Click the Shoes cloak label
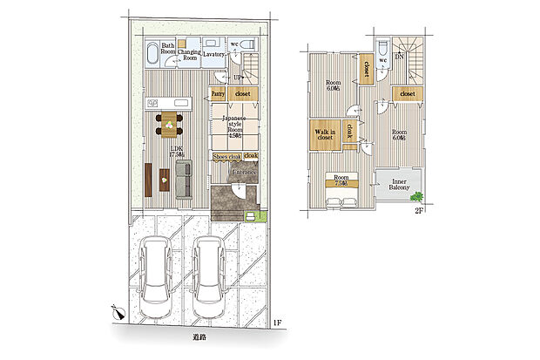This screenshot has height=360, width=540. pos(226,156)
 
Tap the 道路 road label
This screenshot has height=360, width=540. pos(199,336)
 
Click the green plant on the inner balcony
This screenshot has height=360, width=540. pos(418,195)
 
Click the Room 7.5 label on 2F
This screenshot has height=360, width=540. pos(339,182)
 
